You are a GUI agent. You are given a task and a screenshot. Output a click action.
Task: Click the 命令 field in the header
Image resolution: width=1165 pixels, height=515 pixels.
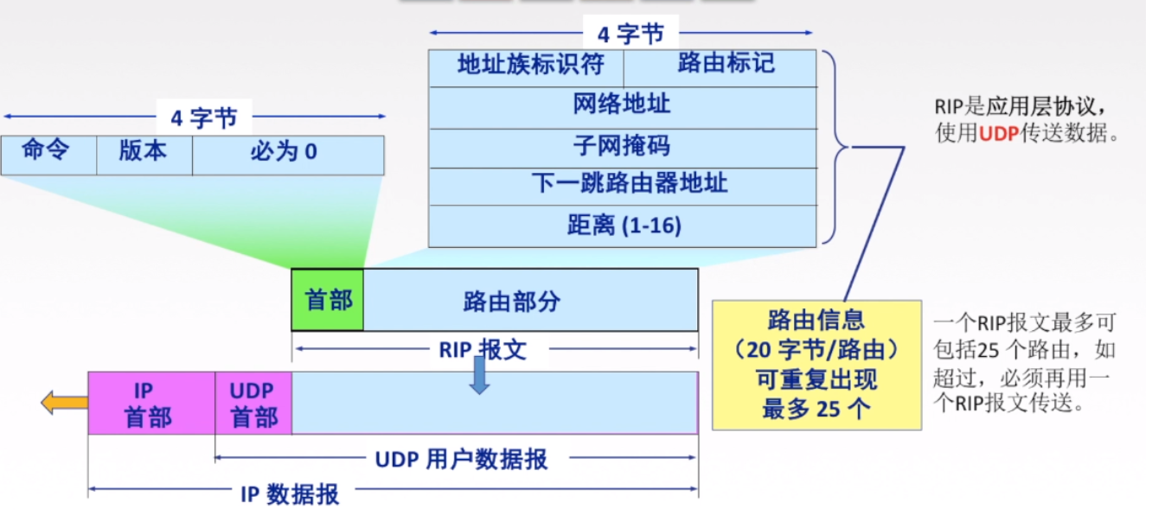[48, 155]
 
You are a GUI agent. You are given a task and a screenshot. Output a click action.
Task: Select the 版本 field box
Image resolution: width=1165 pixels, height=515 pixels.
[144, 155]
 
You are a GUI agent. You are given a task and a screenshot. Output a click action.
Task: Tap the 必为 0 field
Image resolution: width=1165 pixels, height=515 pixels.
[287, 155]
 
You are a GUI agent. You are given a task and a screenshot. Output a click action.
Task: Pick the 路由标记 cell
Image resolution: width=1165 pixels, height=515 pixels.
[720, 67]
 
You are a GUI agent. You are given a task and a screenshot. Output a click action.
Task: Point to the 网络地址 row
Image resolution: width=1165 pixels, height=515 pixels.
[622, 107]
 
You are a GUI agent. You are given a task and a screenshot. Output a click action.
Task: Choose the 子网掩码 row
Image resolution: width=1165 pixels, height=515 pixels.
[622, 147]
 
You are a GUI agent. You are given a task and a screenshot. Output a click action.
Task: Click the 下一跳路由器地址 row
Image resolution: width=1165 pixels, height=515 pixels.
[622, 185]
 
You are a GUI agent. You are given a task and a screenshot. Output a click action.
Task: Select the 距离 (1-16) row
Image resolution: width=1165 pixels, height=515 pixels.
[622, 226]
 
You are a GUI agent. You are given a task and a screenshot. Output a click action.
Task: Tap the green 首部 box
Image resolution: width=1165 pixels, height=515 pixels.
[328, 300]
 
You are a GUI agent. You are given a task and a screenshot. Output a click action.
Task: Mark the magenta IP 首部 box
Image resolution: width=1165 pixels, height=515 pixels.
[150, 404]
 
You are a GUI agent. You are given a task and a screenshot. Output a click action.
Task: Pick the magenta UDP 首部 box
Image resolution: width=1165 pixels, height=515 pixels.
[253, 404]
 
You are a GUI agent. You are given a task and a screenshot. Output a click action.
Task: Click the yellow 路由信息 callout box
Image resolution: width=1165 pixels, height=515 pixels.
[816, 365]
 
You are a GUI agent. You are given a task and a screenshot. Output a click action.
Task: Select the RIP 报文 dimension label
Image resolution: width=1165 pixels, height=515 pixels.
[482, 350]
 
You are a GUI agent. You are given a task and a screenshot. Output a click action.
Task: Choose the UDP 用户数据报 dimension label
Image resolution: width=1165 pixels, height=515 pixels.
[461, 459]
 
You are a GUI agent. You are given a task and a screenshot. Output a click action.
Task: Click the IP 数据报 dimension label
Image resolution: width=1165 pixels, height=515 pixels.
[290, 493]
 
